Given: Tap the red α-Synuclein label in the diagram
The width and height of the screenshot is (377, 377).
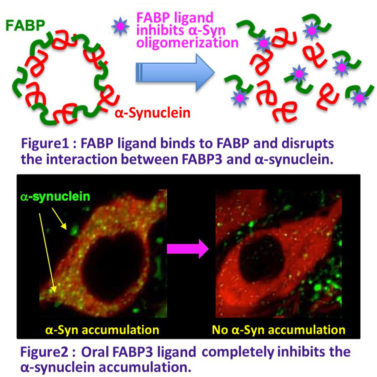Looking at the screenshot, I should [x=153, y=114].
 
